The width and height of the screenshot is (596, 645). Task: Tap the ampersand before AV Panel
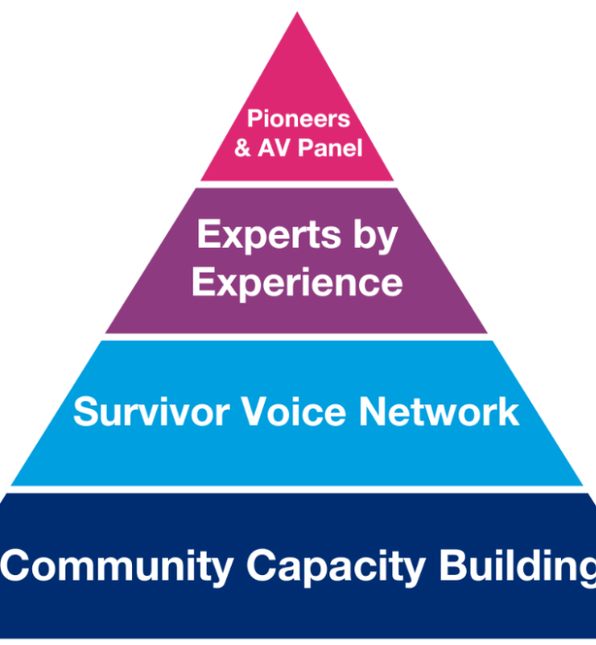[243, 147]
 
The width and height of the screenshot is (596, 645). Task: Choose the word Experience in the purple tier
[296, 283]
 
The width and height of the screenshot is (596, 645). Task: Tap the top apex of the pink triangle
[297, 14]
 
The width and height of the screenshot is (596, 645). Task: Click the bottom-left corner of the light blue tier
[12, 484]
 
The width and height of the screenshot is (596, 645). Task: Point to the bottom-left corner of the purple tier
[106, 333]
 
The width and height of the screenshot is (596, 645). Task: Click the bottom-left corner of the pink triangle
[201, 180]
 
